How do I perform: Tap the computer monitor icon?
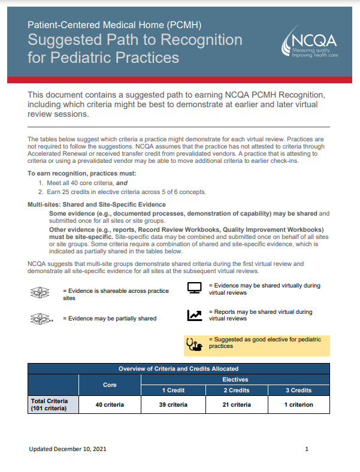(x=195, y=288)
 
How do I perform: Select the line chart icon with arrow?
(x=195, y=315)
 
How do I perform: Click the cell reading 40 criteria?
(x=110, y=404)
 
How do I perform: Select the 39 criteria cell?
(x=173, y=404)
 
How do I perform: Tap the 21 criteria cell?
(x=237, y=404)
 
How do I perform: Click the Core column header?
(x=110, y=385)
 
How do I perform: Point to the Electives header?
(x=235, y=379)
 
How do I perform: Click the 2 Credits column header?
(x=237, y=390)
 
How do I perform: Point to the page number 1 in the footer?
(x=307, y=449)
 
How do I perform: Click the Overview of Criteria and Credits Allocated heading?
(x=179, y=368)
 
